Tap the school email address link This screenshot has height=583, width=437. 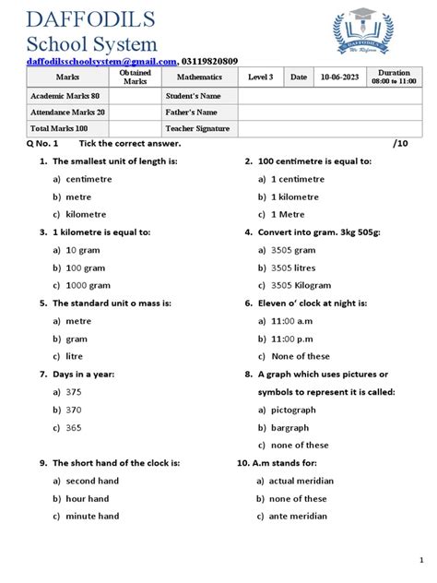[100, 61]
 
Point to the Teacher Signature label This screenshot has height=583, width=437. [198, 129]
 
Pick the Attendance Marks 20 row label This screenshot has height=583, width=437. [67, 113]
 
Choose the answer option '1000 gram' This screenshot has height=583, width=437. [88, 285]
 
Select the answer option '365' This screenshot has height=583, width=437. [74, 427]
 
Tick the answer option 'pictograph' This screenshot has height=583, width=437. [294, 410]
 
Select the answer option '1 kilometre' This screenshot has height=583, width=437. [295, 196]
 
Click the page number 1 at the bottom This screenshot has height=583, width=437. [419, 560]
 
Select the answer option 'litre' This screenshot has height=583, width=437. [76, 356]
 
